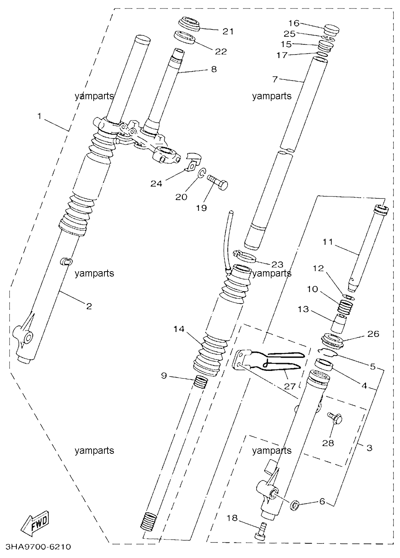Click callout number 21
[x=228, y=32]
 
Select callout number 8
[x=214, y=69]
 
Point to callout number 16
[x=294, y=23]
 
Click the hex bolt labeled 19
[x=217, y=184]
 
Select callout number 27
[x=290, y=386]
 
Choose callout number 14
[x=179, y=329]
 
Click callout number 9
[x=164, y=375]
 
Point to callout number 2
[x=89, y=306]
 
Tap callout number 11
[x=328, y=242]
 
